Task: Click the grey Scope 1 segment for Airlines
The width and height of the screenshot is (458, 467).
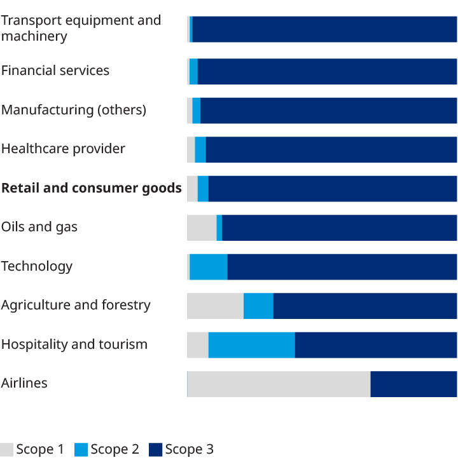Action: [279, 384]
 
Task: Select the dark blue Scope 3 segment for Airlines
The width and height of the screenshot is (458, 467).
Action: [413, 384]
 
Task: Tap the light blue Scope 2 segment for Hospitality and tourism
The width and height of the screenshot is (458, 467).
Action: [251, 344]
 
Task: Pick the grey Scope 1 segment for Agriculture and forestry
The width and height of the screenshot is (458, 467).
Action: [215, 306]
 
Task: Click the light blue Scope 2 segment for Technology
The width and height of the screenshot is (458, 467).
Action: [208, 266]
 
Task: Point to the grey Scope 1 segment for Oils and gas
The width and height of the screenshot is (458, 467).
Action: [202, 227]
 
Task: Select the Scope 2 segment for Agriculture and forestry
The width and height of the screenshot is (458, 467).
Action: [258, 306]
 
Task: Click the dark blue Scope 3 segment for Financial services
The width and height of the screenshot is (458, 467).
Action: [327, 71]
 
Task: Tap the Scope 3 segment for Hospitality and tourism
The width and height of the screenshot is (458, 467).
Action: [375, 344]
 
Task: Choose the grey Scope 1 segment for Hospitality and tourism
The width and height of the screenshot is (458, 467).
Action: [197, 344]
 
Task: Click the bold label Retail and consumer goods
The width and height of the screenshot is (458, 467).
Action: [91, 188]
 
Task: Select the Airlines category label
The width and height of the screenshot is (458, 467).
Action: [24, 383]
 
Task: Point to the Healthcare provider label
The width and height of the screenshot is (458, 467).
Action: [63, 149]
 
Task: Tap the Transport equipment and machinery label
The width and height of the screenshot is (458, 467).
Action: [81, 28]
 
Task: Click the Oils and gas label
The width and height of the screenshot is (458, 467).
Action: [39, 227]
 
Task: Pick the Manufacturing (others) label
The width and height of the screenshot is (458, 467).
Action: [73, 110]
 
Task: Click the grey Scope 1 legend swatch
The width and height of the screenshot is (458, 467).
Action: [7, 450]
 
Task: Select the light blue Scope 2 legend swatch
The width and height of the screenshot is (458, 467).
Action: [81, 450]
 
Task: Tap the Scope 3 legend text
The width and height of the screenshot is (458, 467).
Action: [190, 450]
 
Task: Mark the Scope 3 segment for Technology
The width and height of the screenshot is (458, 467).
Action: [342, 266]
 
